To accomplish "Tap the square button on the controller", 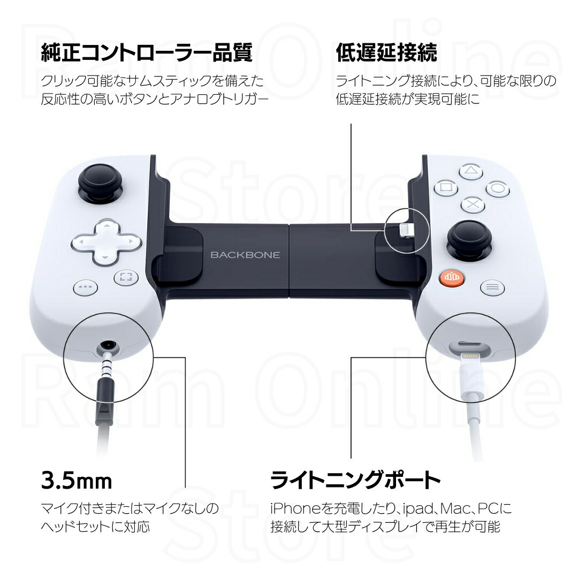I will pos(445,188).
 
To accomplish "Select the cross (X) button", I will pos(471,204).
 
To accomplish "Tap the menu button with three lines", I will pos(492,287).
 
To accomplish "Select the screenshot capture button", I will pos(126,277).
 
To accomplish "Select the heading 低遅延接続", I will pos(386,53).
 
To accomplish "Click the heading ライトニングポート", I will pos(355,480).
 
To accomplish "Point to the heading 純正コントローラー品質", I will pos(147,53).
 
